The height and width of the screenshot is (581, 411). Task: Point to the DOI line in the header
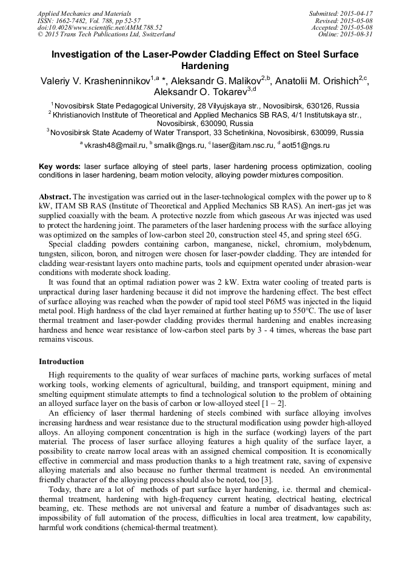[x=100, y=27]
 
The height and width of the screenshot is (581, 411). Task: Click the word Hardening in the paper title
[x=205, y=66]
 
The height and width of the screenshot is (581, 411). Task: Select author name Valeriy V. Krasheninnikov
[x=89, y=80]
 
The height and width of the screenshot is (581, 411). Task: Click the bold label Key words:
[x=59, y=166]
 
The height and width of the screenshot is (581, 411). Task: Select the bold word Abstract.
[x=55, y=198]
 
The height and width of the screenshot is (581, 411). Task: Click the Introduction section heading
[x=61, y=362]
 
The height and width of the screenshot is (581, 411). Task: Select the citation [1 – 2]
[x=273, y=403]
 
